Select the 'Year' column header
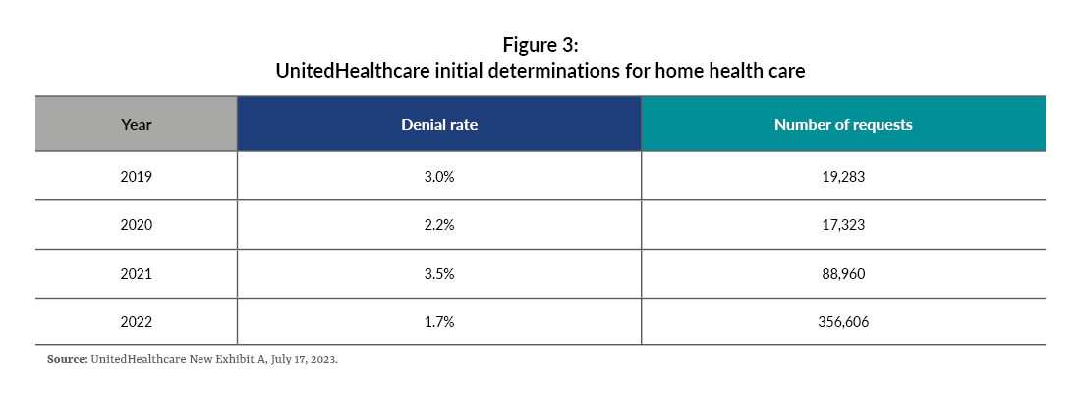click(x=137, y=125)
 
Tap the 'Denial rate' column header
click(x=439, y=125)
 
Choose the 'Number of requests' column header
click(x=843, y=125)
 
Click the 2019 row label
click(x=137, y=178)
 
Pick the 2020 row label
click(x=137, y=225)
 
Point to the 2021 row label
click(x=137, y=272)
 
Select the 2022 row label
click(x=137, y=320)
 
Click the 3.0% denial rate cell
click(x=439, y=178)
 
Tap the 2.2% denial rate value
click(x=439, y=225)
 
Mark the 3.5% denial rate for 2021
click(x=439, y=272)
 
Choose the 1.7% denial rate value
click(x=439, y=320)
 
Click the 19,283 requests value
click(x=843, y=178)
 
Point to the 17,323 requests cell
click(x=843, y=225)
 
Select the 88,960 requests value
click(x=843, y=272)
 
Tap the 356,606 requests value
click(x=843, y=320)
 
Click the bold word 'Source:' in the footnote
click(x=67, y=360)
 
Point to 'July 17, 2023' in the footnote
click(x=303, y=360)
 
